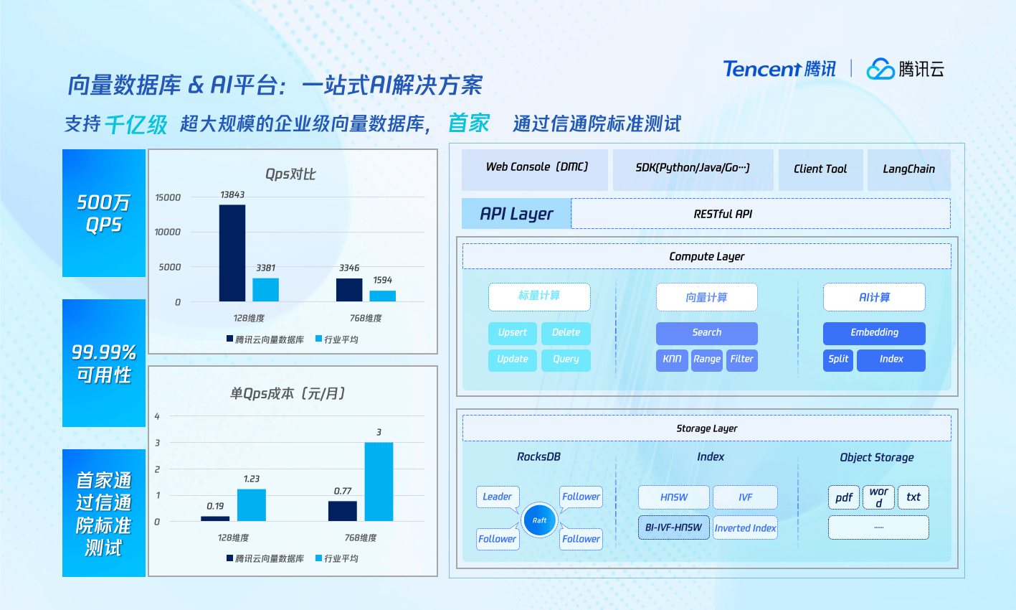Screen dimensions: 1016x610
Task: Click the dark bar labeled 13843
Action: pos(232,253)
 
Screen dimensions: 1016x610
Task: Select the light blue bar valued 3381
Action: pos(266,289)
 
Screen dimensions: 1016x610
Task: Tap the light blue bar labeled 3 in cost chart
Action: pos(379,482)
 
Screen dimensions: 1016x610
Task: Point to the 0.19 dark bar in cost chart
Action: pos(215,518)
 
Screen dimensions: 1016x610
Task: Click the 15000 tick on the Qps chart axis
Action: pos(168,197)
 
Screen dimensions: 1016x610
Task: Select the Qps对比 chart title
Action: pos(290,174)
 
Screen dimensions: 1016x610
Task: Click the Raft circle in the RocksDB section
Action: pos(539,520)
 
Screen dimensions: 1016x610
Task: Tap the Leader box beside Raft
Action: pos(498,497)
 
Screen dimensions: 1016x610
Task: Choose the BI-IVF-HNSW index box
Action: pos(673,527)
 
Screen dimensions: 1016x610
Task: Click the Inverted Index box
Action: pos(745,528)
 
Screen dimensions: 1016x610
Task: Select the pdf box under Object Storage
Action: pos(844,497)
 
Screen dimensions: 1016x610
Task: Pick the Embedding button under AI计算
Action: pos(874,333)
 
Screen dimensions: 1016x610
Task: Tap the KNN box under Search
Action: pos(672,360)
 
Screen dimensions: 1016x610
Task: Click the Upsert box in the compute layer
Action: pos(513,333)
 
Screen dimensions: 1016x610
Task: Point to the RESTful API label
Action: pos(723,215)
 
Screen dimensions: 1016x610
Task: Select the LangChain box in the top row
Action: pos(909,169)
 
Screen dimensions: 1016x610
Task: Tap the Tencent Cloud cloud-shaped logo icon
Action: pos(880,69)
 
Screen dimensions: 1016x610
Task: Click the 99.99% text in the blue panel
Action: pos(104,352)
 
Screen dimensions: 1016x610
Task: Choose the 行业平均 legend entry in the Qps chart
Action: pos(336,339)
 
